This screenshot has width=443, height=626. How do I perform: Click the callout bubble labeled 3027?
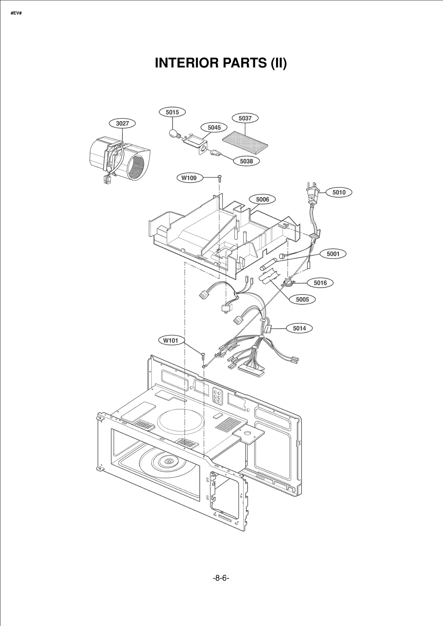pyautogui.click(x=122, y=123)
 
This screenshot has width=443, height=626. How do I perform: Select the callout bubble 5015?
pyautogui.click(x=172, y=112)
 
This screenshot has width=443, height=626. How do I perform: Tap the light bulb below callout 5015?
pyautogui.click(x=173, y=134)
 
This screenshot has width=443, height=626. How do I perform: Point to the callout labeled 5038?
pyautogui.click(x=246, y=161)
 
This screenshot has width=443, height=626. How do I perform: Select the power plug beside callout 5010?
pyautogui.click(x=312, y=193)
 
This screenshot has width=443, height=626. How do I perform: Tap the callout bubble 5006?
pyautogui.click(x=262, y=199)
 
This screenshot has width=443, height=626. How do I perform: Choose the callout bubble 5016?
pyautogui.click(x=320, y=283)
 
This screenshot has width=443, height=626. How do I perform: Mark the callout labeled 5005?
pyautogui.click(x=302, y=299)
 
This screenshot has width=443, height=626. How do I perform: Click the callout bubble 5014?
pyautogui.click(x=299, y=328)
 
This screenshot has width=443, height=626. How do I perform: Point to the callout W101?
pyautogui.click(x=170, y=341)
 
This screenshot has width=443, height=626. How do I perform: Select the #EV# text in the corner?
pyautogui.click(x=16, y=13)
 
